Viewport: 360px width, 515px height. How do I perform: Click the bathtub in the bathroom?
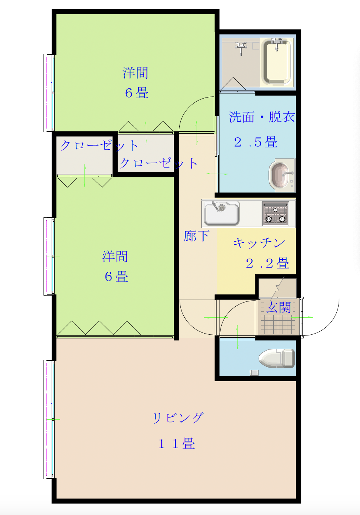coord(277,62)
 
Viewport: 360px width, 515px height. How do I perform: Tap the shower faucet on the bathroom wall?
coord(241,48)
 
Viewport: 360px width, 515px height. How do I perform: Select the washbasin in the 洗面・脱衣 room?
coord(282,175)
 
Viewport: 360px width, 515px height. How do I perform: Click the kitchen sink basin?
coord(222,213)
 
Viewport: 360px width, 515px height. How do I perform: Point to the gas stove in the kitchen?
coord(275,214)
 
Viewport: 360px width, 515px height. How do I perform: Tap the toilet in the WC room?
coord(277,358)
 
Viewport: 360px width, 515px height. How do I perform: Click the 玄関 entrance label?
coord(278,307)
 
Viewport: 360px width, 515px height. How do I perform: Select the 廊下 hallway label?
coord(196,236)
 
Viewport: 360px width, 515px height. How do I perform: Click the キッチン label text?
coord(259,243)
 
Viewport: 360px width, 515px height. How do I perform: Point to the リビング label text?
coord(178,418)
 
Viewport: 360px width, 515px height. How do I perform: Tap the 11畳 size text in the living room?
coord(177,443)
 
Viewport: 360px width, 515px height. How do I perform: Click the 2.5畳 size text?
coord(256,142)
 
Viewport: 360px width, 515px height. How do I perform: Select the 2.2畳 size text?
coord(267,263)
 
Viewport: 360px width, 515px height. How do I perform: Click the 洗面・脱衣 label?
coord(262,117)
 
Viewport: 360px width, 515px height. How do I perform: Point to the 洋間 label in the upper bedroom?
coord(135,73)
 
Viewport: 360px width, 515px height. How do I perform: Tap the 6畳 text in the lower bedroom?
coord(117,276)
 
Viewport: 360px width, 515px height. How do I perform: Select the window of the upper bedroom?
coord(49,93)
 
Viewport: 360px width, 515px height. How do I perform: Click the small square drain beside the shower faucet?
coord(256,46)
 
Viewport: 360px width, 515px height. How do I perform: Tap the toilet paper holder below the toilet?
coord(254,373)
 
